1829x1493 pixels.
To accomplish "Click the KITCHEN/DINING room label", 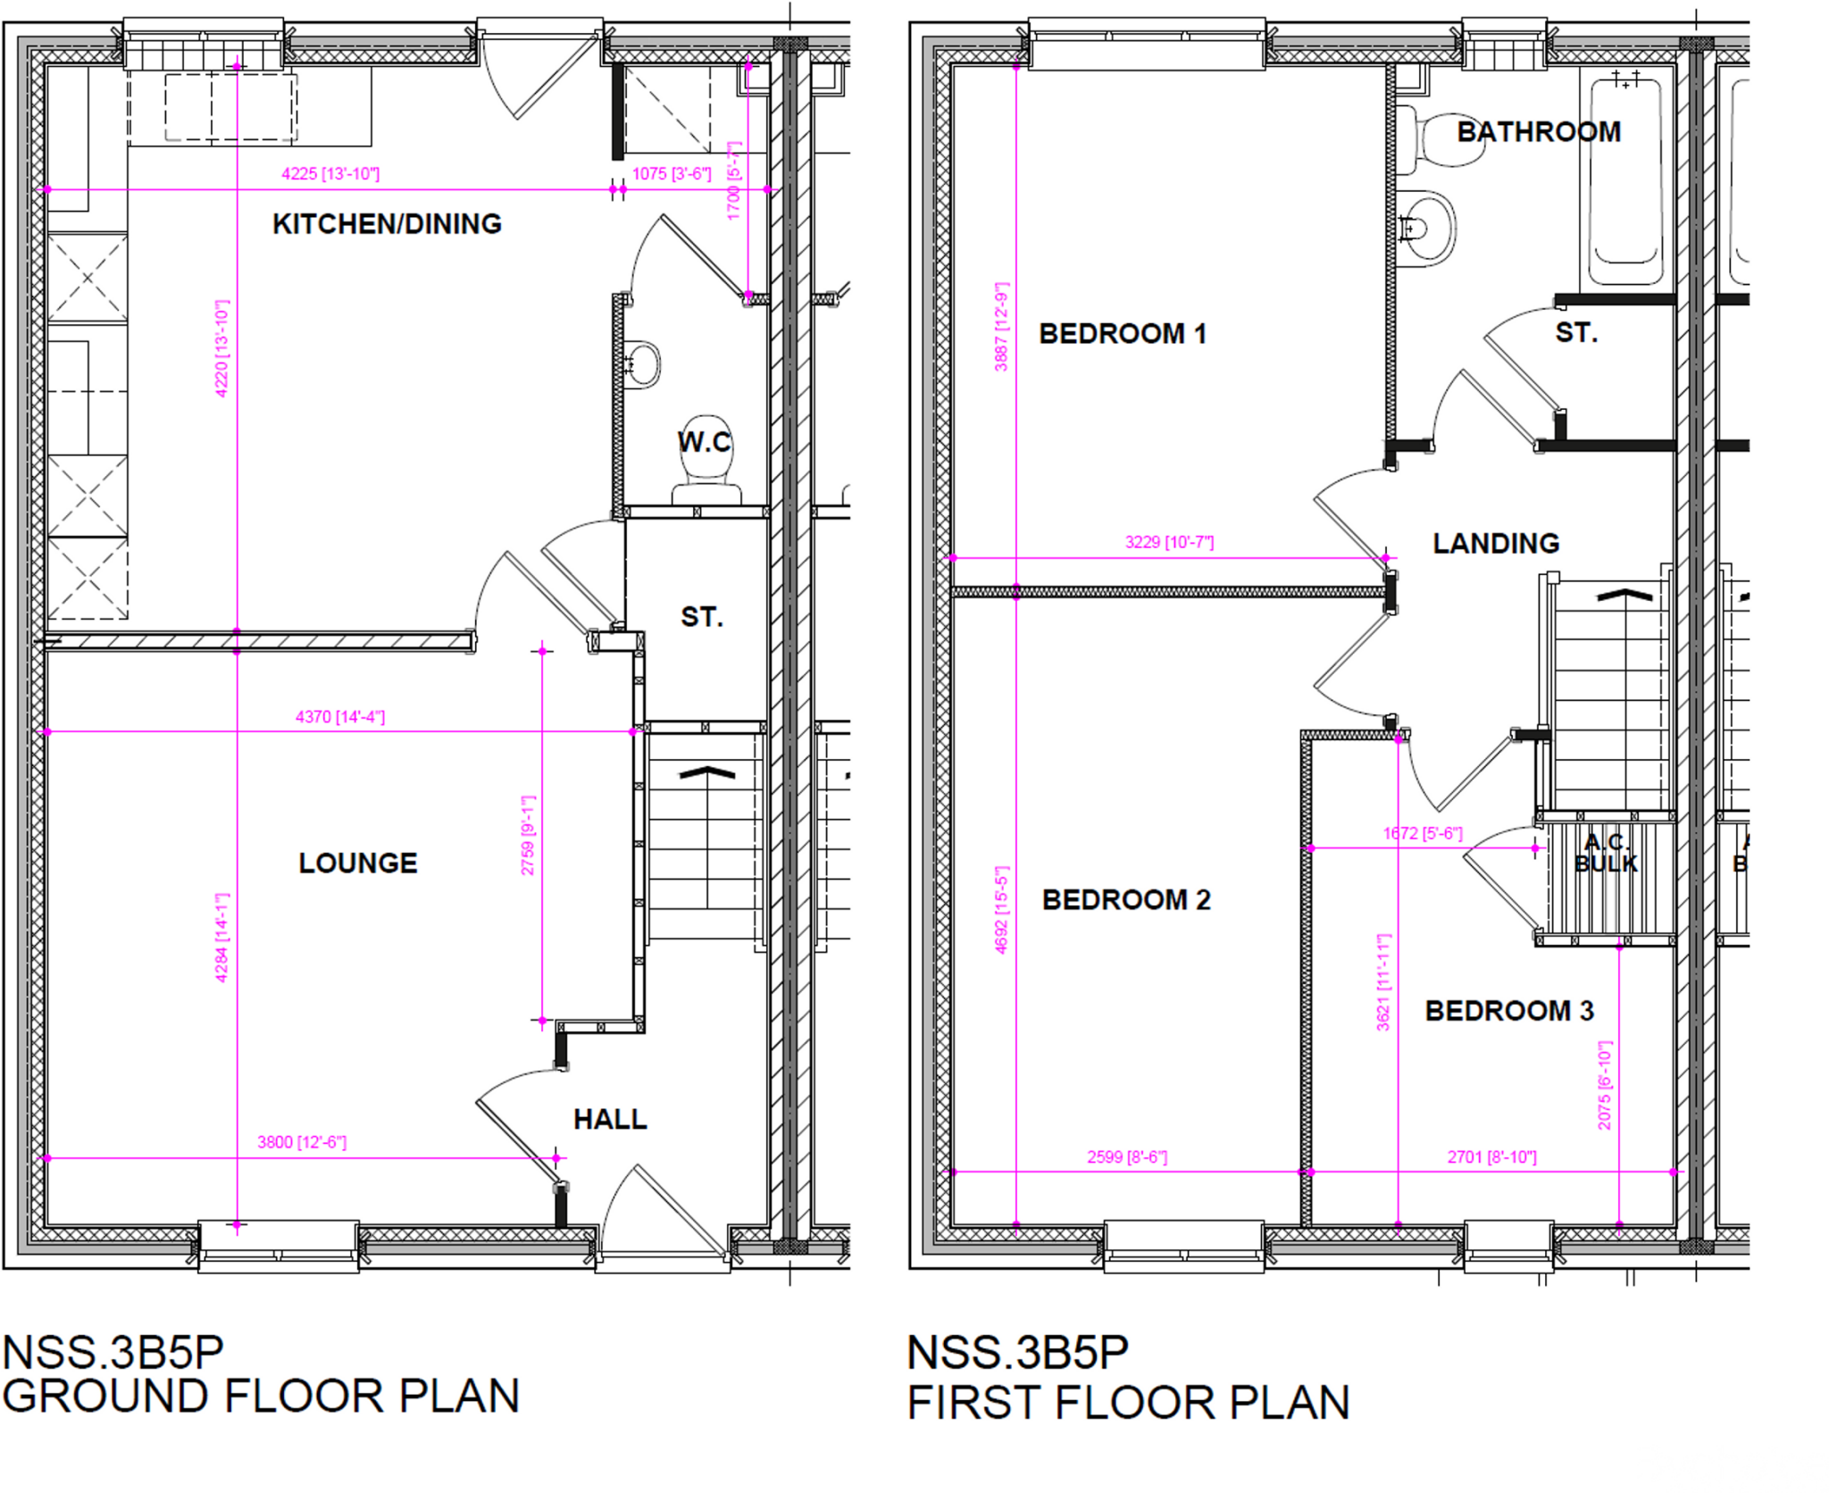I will [x=387, y=223].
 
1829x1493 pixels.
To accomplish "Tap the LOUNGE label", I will [x=357, y=863].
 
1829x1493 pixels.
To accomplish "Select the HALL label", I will [x=610, y=1119].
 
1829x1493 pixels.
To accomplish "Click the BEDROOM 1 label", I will [x=1123, y=334].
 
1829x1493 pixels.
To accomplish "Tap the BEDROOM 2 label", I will [x=1126, y=899].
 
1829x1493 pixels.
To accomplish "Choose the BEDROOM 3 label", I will [x=1509, y=1011].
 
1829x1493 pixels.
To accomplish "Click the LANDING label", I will [x=1496, y=543].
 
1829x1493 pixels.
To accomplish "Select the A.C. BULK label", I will [x=1606, y=853].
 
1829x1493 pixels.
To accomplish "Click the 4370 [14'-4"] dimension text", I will [x=340, y=717].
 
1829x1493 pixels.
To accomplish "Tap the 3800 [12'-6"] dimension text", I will [x=302, y=1142].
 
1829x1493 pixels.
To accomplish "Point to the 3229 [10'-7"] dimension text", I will [x=1169, y=542].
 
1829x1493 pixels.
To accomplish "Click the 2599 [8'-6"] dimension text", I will [x=1127, y=1157].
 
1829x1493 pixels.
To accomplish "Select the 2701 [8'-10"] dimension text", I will [x=1491, y=1157].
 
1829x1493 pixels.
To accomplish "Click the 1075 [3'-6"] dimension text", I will [x=672, y=174].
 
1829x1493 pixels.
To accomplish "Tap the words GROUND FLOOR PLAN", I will [x=261, y=1397].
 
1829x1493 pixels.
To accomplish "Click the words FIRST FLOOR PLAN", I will [x=1128, y=1402].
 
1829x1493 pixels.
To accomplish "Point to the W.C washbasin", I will [x=642, y=364].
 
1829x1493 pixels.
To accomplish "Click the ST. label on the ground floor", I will [x=702, y=616].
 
